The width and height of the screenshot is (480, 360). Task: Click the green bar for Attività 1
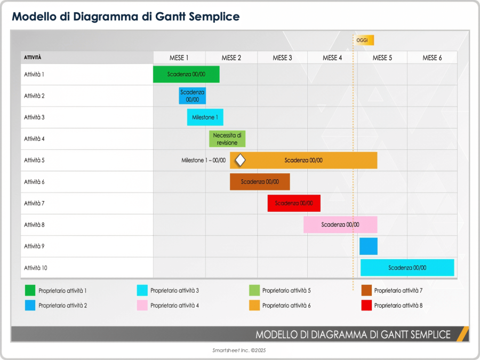(186, 75)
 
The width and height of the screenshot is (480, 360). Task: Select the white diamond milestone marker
(240, 160)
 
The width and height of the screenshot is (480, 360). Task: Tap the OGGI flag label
(365, 41)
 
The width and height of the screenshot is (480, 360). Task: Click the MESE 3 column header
(282, 58)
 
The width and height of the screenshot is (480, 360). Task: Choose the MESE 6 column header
(432, 58)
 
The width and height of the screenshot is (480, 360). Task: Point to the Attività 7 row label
(34, 203)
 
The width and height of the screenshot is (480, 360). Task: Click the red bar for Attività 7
(294, 203)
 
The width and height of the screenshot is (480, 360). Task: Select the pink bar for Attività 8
(340, 225)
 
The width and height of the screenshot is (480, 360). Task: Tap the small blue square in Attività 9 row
(369, 246)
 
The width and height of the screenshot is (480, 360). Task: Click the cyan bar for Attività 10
(407, 268)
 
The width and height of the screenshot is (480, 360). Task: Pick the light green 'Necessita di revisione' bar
(227, 139)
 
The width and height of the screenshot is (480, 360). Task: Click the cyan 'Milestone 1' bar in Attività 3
(205, 117)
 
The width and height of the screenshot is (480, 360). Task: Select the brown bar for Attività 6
(260, 182)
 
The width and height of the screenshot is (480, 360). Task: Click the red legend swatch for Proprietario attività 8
(366, 306)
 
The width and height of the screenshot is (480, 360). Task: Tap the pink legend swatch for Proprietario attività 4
(142, 306)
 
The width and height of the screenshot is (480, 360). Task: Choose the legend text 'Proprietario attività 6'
(286, 306)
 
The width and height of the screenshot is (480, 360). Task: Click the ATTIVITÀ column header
(33, 58)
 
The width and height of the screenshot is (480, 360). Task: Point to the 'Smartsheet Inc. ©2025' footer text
(239, 350)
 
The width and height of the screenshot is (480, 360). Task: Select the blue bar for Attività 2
(192, 96)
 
